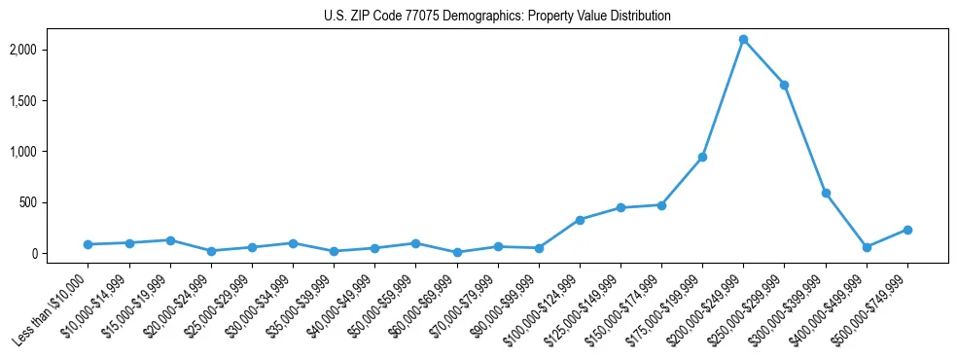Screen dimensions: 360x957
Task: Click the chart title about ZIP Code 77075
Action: [497, 17]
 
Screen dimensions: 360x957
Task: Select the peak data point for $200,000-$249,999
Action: [743, 40]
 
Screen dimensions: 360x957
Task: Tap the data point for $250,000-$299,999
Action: [784, 85]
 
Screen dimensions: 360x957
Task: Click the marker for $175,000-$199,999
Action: [702, 157]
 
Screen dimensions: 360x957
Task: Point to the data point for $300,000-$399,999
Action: [826, 194]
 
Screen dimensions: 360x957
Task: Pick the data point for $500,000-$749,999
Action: [907, 230]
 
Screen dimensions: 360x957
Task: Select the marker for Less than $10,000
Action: [88, 244]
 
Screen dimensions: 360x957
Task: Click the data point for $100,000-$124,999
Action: [580, 220]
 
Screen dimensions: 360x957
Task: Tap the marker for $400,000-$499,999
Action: [867, 247]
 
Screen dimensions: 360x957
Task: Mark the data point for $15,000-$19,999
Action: [170, 240]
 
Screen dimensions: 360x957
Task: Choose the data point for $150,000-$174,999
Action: [661, 205]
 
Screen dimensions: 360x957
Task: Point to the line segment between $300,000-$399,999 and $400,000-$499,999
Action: [846, 221]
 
